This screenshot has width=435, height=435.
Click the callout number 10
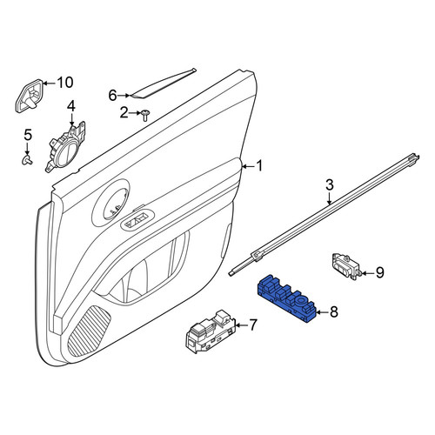(64, 83)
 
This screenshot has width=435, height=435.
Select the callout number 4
(71, 106)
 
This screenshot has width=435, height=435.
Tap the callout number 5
(28, 135)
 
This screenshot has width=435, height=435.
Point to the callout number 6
(112, 95)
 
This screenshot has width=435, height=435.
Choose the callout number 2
(124, 112)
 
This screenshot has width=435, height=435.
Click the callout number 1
(259, 166)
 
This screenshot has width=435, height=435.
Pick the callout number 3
(330, 185)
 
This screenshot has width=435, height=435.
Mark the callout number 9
(380, 272)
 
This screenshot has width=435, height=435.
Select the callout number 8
(334, 312)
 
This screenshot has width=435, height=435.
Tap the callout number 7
(253, 325)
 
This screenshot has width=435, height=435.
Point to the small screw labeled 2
(145, 116)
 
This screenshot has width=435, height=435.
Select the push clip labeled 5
(27, 159)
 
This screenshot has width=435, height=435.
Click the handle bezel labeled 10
(29, 96)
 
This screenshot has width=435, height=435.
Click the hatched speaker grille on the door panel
(90, 331)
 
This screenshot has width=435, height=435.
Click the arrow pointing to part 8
(322, 312)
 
